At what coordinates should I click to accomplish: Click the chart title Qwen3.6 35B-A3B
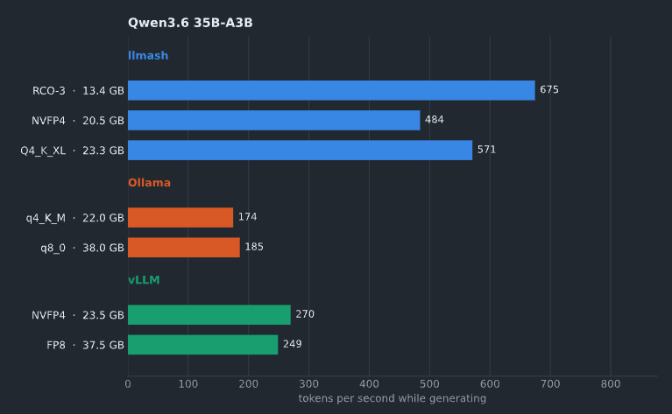[x=190, y=23]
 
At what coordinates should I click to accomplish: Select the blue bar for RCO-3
[x=331, y=90]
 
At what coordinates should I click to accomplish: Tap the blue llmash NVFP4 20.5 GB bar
[x=274, y=120]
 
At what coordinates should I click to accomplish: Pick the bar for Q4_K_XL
[x=300, y=151]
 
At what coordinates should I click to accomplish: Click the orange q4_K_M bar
[x=180, y=217]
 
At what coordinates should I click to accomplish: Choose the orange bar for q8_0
[x=184, y=248]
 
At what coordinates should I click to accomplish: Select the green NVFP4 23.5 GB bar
[x=209, y=315]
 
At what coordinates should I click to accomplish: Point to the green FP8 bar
[x=202, y=345]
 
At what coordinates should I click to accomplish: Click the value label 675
[x=549, y=90]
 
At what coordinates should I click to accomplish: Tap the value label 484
[x=435, y=120]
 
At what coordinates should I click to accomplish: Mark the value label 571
[x=486, y=150]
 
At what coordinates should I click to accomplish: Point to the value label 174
[x=247, y=217]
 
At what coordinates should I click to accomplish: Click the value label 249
[x=293, y=344]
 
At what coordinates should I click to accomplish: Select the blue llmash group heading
[x=148, y=56]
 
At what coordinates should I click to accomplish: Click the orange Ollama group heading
[x=149, y=183]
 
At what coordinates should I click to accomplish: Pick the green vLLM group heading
[x=144, y=280]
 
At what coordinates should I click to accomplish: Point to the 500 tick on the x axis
[x=429, y=384]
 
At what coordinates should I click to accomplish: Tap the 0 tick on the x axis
[x=128, y=384]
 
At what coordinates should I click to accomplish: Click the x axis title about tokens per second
[x=393, y=398]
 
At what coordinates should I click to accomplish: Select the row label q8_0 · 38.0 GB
[x=82, y=248]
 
